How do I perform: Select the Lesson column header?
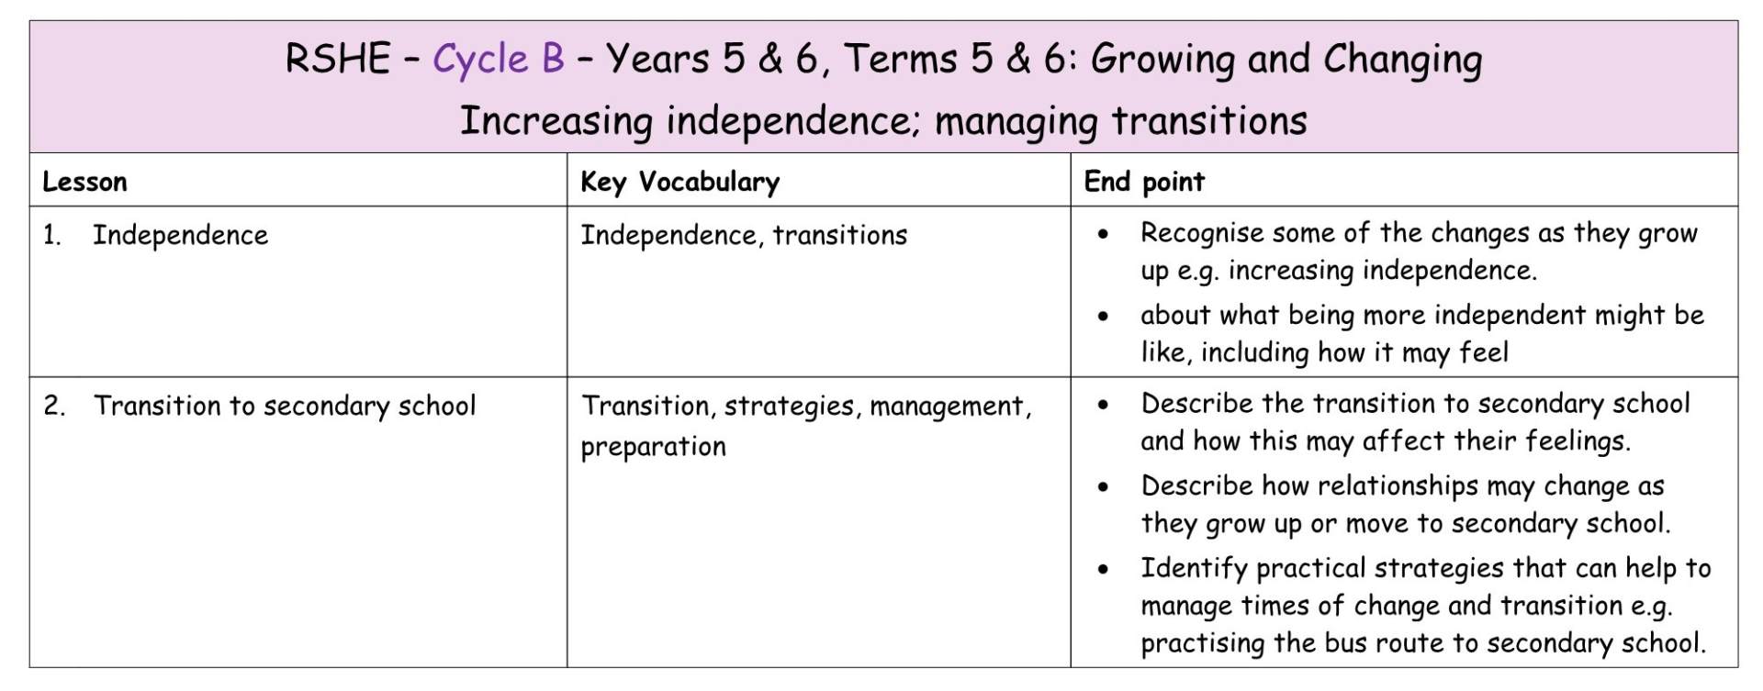pos(84,182)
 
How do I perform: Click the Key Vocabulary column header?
pos(679,182)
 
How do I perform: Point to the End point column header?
pos(1144,182)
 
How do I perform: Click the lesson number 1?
pos(51,236)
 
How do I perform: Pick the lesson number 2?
pos(54,406)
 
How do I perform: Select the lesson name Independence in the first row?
pos(181,236)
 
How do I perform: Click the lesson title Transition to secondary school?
pos(286,407)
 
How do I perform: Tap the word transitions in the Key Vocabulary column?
pos(839,236)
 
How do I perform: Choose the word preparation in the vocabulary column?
pos(653,447)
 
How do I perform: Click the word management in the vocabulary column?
pos(950,407)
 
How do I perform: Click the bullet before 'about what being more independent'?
pos(1103,317)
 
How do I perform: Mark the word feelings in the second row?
pos(1578,441)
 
